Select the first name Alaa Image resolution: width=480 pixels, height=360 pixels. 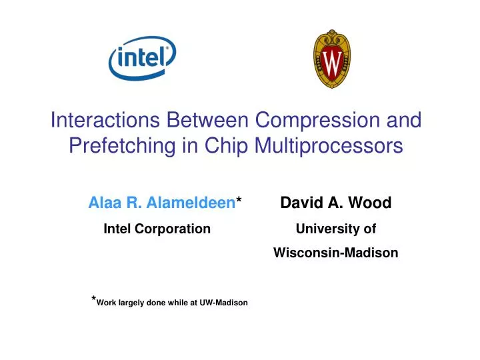pos(102,203)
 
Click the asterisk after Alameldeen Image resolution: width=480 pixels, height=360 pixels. pos(239,201)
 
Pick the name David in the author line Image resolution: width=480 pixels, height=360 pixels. pos(299,203)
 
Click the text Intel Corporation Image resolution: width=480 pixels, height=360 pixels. pos(157,229)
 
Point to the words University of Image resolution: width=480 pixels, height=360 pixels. pos(335,229)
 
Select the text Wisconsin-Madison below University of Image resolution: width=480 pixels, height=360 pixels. pos(335,253)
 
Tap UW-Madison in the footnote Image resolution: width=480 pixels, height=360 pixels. pos(223,303)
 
